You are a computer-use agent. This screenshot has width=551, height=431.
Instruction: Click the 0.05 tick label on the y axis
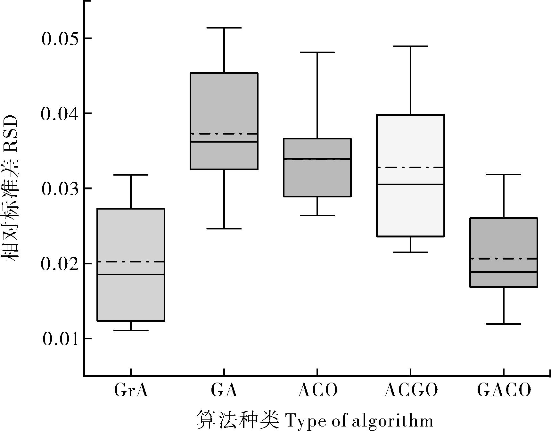click(60, 39)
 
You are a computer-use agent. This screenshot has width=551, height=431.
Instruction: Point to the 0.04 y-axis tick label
click(60, 114)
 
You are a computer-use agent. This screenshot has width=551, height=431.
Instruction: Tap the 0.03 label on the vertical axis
click(60, 189)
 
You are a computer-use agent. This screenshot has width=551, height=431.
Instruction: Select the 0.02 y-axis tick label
click(60, 264)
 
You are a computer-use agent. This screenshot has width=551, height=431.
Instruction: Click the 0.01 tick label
click(60, 339)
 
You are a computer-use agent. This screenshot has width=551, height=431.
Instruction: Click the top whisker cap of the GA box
click(224, 28)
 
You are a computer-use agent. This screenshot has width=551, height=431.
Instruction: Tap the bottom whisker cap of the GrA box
click(131, 330)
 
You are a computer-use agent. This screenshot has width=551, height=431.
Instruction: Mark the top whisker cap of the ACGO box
click(411, 46)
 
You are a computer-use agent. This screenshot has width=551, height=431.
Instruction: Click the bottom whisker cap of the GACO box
click(504, 324)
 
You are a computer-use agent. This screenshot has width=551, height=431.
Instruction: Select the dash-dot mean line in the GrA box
click(131, 262)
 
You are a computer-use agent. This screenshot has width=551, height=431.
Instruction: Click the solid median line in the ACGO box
click(411, 184)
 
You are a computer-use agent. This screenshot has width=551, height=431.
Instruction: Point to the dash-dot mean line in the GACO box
click(504, 258)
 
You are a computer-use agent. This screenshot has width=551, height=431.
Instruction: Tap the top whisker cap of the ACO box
click(317, 52)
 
